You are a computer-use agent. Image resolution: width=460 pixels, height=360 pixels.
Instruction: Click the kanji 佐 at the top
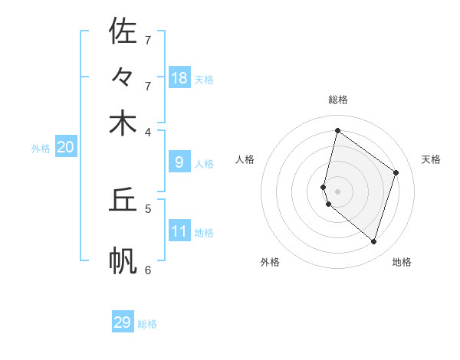point(123,31)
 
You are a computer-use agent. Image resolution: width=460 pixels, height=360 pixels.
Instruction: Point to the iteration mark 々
point(123,78)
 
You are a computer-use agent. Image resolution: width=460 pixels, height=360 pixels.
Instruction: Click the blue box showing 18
point(179,77)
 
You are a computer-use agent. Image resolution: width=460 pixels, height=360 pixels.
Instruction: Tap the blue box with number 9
point(179,162)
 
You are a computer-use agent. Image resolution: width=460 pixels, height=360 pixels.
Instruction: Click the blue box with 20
point(65,147)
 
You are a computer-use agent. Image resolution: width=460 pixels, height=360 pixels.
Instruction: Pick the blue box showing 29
point(123,322)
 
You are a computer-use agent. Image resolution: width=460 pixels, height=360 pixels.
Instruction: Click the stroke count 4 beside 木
point(148,131)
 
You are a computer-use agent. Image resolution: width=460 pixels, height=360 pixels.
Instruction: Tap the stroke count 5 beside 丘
point(148,208)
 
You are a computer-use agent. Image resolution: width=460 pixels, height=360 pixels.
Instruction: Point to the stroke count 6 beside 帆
point(148,269)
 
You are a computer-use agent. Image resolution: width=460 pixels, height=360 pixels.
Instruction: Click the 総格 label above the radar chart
point(338,100)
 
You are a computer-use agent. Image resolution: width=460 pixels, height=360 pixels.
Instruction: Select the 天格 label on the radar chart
point(431,159)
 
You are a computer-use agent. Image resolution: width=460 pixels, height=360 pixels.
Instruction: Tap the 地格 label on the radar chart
point(402,262)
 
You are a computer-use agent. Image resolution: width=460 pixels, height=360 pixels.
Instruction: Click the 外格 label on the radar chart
point(270,262)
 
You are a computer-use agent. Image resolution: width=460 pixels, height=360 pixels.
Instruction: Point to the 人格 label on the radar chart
point(245,159)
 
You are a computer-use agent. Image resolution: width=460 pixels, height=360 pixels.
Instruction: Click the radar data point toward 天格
point(396,172)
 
